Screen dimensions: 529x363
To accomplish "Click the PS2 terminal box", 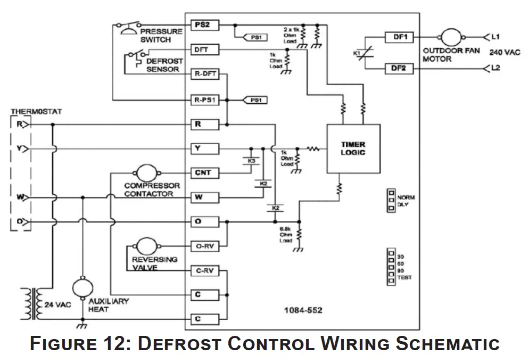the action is coord(205,25).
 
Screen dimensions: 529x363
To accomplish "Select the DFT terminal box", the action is coord(205,49).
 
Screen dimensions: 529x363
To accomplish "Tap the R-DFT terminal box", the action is coord(205,74).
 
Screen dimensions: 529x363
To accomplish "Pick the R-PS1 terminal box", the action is coord(205,100).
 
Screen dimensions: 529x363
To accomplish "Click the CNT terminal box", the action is coord(205,173).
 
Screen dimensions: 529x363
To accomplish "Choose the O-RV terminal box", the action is coord(205,246).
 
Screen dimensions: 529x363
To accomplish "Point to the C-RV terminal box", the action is coord(205,271).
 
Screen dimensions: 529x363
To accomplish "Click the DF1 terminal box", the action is coord(399,37).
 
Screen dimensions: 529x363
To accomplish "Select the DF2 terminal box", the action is coord(399,69).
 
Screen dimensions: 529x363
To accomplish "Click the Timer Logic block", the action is coord(353,149).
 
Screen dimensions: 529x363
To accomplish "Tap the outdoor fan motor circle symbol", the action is coord(451,37).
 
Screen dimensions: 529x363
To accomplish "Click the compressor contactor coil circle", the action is coord(147,173).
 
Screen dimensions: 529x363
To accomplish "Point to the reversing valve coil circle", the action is coord(147,246).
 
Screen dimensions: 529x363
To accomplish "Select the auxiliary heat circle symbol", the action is coord(82,288).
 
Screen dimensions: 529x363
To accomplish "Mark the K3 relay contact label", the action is coord(251,161).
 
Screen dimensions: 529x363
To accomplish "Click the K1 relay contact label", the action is coord(357,53).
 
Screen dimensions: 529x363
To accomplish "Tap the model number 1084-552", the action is coord(303,310).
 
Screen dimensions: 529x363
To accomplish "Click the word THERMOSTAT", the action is coord(36,112).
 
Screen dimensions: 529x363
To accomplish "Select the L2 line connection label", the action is coord(495,68).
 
